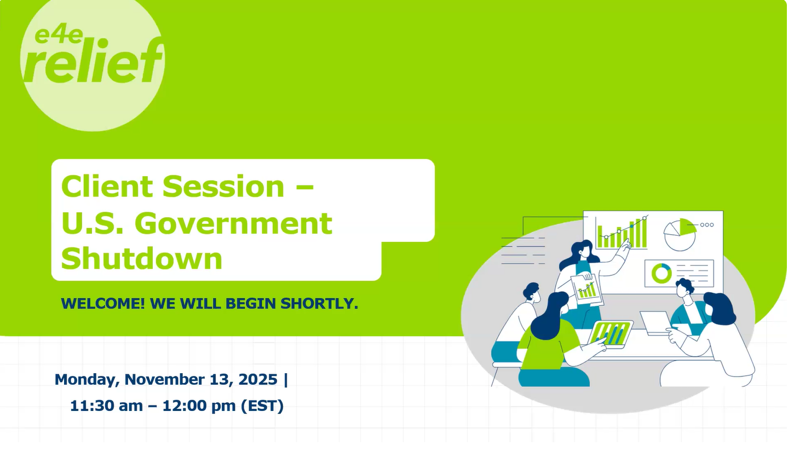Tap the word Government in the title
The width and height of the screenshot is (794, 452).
(x=233, y=223)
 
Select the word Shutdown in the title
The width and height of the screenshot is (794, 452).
(x=142, y=259)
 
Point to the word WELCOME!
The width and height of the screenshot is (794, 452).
(x=103, y=304)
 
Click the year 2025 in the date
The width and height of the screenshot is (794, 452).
(x=258, y=379)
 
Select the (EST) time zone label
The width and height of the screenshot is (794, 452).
(x=262, y=406)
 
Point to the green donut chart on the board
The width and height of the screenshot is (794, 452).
(x=661, y=273)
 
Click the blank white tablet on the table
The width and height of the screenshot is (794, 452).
(x=656, y=323)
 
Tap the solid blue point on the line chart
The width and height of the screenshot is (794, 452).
(x=632, y=226)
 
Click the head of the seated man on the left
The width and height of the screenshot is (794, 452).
(x=532, y=293)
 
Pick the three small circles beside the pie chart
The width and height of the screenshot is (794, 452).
(x=707, y=225)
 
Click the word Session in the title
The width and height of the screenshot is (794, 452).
(x=223, y=186)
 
